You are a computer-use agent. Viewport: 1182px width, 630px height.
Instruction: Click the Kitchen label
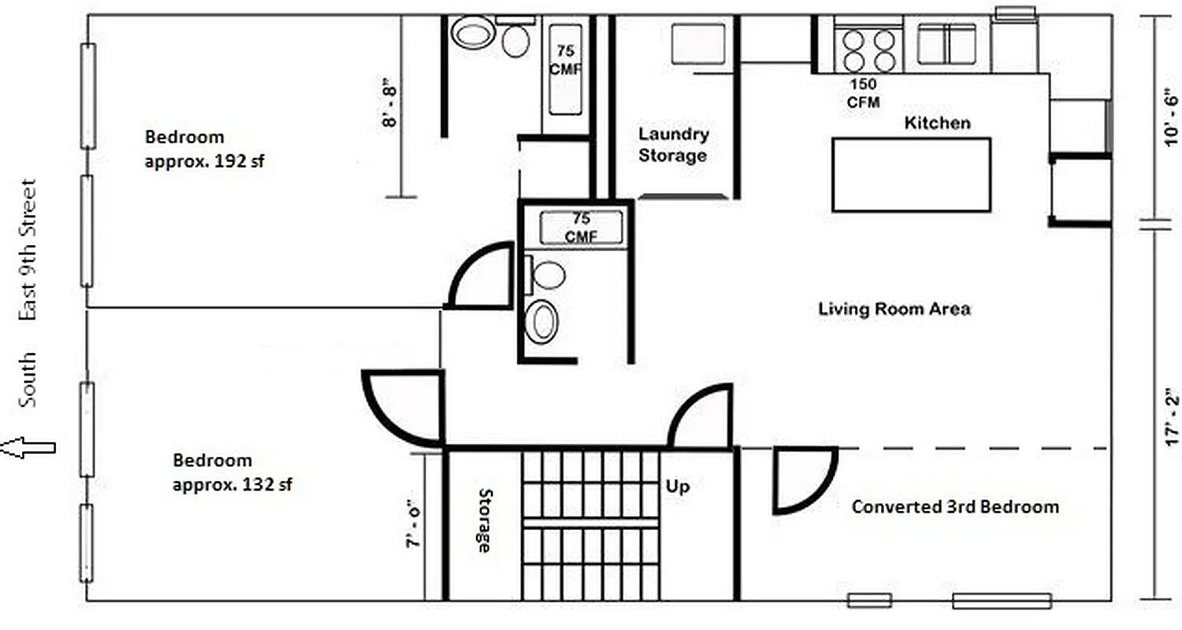click(937, 123)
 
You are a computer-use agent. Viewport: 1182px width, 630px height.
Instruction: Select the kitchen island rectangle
click(912, 175)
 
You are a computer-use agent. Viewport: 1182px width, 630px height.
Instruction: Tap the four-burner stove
click(868, 50)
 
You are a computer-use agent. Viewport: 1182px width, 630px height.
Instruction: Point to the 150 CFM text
click(864, 93)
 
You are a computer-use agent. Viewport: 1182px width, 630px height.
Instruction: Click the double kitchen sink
click(946, 44)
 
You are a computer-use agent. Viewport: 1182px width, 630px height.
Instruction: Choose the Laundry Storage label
click(673, 145)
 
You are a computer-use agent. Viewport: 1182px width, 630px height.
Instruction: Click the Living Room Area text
click(894, 309)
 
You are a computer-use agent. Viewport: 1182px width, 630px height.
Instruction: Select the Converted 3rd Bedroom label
click(955, 506)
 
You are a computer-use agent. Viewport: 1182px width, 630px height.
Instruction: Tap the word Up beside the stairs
click(678, 487)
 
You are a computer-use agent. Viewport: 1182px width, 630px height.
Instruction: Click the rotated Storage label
click(485, 520)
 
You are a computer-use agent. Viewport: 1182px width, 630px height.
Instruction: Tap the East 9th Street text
click(28, 250)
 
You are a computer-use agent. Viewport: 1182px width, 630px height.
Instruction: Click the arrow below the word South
click(28, 448)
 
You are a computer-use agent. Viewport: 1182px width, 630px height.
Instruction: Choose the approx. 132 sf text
click(232, 484)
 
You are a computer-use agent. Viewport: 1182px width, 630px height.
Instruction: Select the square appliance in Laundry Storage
click(698, 43)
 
